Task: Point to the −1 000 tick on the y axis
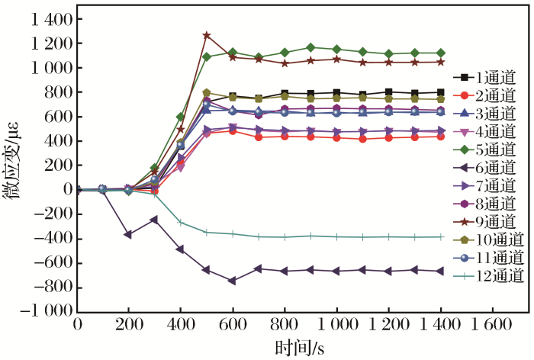point(47,312)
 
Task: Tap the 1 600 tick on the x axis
point(491,324)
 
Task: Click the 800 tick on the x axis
point(285,324)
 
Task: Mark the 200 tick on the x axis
point(129,324)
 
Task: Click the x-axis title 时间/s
point(301,347)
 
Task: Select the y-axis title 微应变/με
point(13,165)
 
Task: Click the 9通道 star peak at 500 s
point(207,35)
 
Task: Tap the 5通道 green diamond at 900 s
point(310,47)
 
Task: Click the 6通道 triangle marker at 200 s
point(129,234)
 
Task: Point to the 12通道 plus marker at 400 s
point(181,223)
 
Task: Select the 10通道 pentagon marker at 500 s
point(207,92)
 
